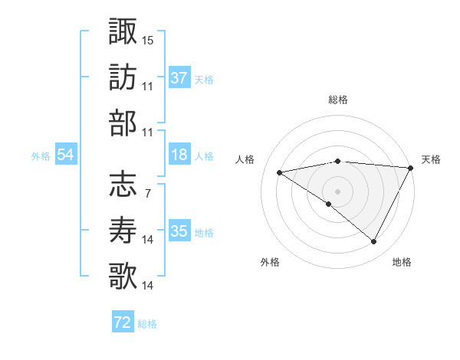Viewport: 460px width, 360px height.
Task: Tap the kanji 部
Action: tap(123, 123)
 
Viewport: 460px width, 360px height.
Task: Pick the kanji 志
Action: tap(123, 184)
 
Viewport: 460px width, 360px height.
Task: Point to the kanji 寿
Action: tap(123, 230)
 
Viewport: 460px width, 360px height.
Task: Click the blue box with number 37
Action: tap(179, 77)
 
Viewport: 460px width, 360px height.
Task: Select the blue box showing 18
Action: tap(179, 155)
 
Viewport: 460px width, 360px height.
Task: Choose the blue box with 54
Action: tap(66, 155)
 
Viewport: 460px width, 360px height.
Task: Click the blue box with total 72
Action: tap(123, 322)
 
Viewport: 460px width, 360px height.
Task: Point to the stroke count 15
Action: tap(148, 39)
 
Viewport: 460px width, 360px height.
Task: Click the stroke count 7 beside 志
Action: tap(147, 193)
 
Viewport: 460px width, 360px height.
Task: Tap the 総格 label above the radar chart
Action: tap(337, 100)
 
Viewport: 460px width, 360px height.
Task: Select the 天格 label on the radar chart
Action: tap(431, 159)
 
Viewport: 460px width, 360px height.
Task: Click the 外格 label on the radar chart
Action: tap(269, 262)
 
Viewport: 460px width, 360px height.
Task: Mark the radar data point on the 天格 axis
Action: tap(412, 167)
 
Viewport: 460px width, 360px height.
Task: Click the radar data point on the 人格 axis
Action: tap(279, 172)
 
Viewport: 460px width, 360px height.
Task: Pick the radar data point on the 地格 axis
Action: tap(374, 242)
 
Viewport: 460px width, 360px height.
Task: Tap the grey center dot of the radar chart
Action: tap(337, 191)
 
